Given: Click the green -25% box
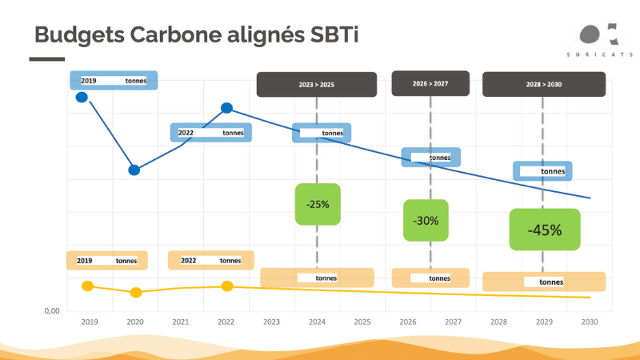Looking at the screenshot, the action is coord(318,204).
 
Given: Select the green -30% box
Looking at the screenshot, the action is coord(426,221).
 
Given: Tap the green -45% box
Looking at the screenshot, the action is coord(545,230).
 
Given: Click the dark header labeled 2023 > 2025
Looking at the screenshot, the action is coord(317,85).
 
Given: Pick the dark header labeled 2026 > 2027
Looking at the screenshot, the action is coord(430,84).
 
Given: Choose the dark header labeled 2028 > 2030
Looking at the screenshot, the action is coord(544,85).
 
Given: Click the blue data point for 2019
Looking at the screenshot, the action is coord(82,97).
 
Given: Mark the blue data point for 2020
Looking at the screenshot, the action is coord(134,170).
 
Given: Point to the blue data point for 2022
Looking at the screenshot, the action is coord(227,108).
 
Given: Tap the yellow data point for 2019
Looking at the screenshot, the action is coord(88,286).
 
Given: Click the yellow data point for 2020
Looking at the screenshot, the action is coord(136,292).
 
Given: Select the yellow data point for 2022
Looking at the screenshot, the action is coord(227,286).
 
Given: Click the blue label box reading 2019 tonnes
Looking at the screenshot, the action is coord(114,81).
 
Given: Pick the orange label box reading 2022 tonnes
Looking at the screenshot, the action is coord(211,261).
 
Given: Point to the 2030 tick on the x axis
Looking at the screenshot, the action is coord(590,322).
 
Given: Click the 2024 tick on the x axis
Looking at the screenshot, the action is coord(317,322).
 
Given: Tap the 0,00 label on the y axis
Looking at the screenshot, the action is coord(52,311).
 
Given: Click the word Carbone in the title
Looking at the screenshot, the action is coord(176,34).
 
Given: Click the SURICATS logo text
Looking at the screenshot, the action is coord(599,54).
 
